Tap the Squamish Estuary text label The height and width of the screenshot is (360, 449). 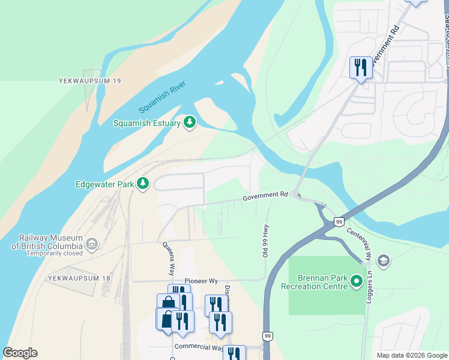coord(147,124)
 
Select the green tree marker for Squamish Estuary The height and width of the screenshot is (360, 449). coord(190,123)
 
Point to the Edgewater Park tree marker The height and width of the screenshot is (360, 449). coord(143,184)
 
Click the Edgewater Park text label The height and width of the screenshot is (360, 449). coord(104,184)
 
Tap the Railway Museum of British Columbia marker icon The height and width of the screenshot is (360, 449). coord(91,244)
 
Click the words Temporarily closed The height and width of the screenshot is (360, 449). coord(55,253)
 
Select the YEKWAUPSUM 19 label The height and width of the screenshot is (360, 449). coord(90,80)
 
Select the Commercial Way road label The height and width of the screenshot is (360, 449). coord(198,347)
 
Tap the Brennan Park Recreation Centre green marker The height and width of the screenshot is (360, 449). coord(357,281)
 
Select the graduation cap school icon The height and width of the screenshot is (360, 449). coord(383,261)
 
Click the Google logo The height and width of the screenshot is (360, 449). coord(20,353)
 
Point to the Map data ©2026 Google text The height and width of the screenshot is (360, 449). coord(411,355)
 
